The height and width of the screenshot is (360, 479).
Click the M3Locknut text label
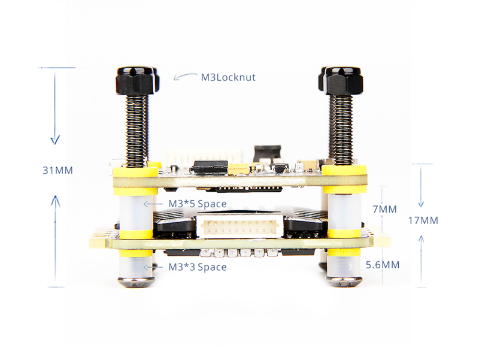click(228, 77)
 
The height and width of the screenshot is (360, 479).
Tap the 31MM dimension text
click(57, 170)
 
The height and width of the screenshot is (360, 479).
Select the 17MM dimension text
click(423, 220)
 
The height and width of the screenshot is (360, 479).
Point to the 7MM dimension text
click(384, 209)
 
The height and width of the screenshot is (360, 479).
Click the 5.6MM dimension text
click(383, 265)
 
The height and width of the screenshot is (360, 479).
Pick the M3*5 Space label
click(198, 204)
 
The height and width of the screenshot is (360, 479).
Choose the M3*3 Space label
click(198, 267)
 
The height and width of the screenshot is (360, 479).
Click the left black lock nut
click(137, 81)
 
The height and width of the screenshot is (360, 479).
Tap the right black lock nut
click(341, 81)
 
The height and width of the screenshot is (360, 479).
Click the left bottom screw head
click(136, 282)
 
